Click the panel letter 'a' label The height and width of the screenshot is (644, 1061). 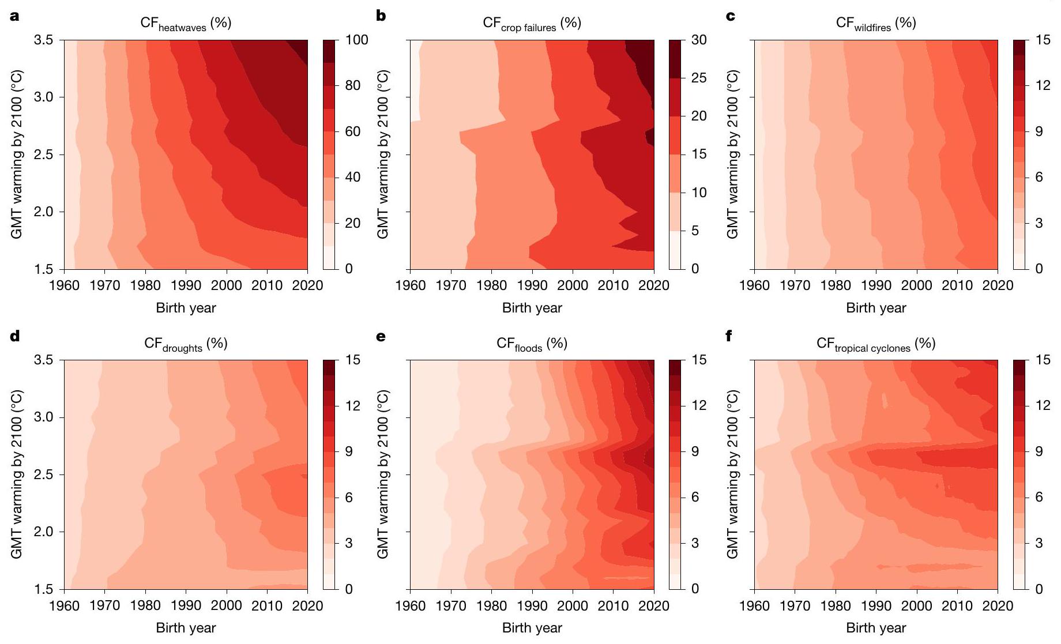coord(14,16)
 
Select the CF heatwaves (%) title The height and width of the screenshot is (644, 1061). coord(186,24)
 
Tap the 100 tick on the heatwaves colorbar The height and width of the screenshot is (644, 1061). coord(356,40)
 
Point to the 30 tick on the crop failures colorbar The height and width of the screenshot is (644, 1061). coord(698,40)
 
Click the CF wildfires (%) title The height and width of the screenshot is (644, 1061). coord(875,24)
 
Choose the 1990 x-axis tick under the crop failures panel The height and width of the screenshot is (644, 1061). coord(532,285)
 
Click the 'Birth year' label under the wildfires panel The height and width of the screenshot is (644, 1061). coord(875,308)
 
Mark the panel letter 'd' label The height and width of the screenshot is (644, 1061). coord(14,336)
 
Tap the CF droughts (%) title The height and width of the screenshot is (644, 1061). coord(186,344)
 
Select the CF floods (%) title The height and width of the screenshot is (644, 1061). coord(532,344)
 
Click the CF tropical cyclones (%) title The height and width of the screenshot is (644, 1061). coord(875,344)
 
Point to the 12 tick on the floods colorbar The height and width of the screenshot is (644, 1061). coord(698,405)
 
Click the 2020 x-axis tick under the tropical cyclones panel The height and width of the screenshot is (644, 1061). coord(998,605)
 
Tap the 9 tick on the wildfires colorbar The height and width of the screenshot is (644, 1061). coord(1039,131)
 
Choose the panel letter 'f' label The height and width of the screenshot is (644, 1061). coord(729,336)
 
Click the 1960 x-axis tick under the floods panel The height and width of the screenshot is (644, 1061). coord(411,605)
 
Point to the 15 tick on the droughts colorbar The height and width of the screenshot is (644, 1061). coord(352,360)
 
